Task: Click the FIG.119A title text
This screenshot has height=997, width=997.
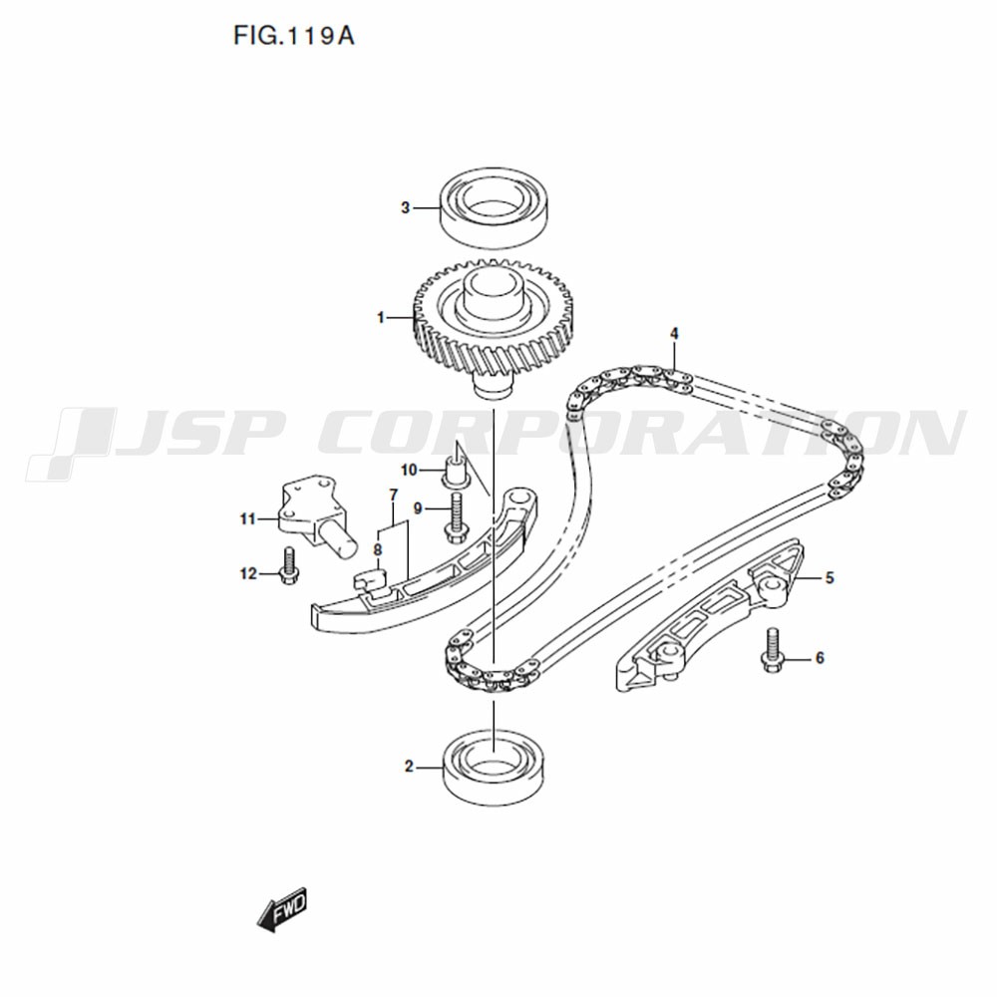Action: [294, 36]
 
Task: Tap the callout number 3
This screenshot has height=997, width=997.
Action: [405, 208]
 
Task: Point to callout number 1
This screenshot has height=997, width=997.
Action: [381, 317]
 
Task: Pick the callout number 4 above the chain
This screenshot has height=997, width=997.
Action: [674, 334]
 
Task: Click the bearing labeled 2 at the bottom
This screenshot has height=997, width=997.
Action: [494, 769]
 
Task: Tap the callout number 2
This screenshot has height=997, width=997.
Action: [409, 766]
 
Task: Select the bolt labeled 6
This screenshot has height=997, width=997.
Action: [772, 650]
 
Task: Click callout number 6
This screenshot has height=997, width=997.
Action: [820, 657]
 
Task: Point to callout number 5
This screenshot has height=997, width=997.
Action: [830, 578]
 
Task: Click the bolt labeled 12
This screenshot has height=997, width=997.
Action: [288, 566]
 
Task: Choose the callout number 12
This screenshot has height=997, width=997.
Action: [248, 574]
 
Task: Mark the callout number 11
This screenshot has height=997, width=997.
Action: [247, 519]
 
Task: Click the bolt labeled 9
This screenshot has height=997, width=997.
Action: [455, 518]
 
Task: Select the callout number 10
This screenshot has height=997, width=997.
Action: [408, 470]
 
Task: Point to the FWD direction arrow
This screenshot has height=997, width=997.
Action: [282, 908]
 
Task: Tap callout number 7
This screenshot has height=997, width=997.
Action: [393, 495]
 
